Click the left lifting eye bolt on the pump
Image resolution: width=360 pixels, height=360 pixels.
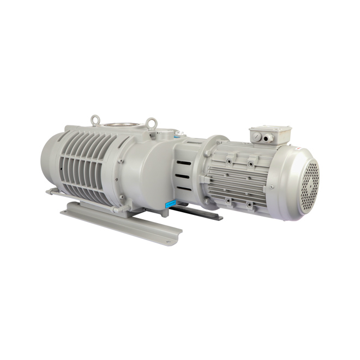coord(96,119)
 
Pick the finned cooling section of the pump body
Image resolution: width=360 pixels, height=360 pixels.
coord(87,164)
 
